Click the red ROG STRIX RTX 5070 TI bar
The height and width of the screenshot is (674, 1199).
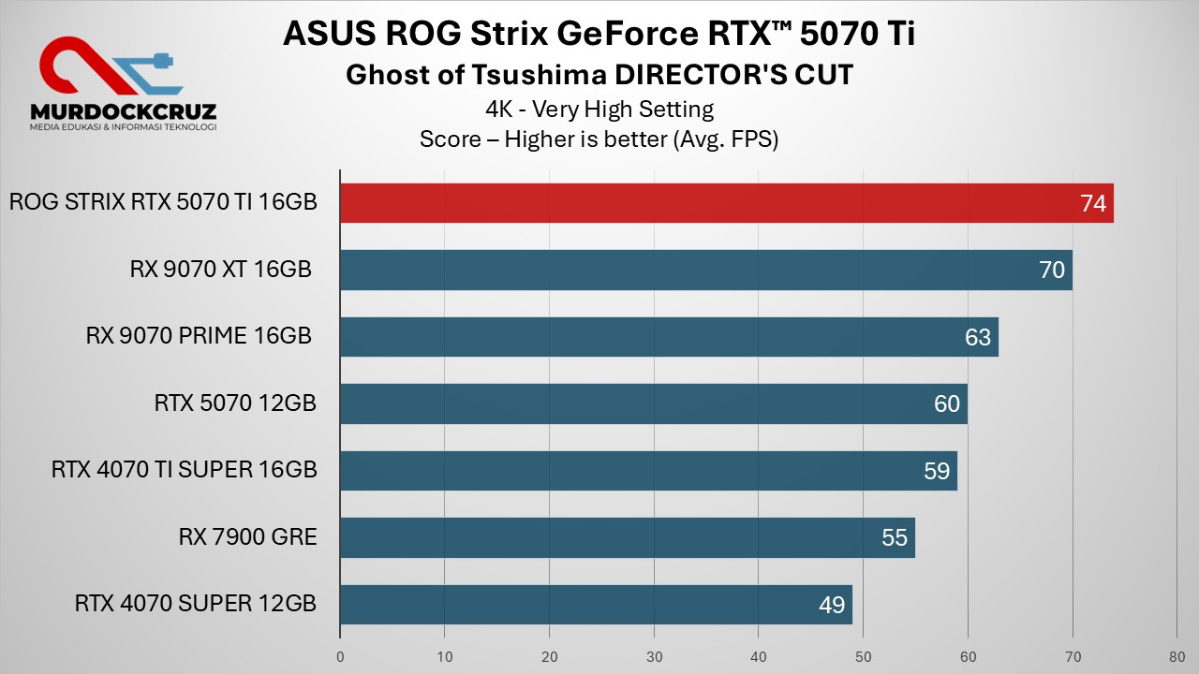click(x=726, y=203)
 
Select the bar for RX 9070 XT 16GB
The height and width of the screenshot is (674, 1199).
click(x=705, y=271)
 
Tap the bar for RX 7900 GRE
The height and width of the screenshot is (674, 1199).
click(x=627, y=537)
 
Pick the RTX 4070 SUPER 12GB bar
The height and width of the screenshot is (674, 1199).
click(x=596, y=605)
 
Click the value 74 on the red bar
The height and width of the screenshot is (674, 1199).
click(x=1093, y=203)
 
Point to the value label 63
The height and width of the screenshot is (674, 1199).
click(x=978, y=337)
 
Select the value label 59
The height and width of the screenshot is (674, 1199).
click(x=937, y=471)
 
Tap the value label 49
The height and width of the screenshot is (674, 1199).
click(x=832, y=605)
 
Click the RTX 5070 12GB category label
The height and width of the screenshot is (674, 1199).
click(x=235, y=403)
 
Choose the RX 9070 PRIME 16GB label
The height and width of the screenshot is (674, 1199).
click(x=199, y=336)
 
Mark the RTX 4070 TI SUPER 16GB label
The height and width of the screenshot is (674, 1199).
click(x=185, y=470)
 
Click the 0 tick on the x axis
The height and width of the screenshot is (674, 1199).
click(x=340, y=656)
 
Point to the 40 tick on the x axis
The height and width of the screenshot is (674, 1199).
click(x=759, y=656)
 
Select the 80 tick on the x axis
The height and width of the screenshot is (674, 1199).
click(x=1177, y=656)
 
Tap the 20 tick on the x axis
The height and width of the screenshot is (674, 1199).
click(x=550, y=656)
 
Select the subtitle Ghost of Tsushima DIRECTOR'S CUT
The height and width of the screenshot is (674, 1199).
click(x=599, y=75)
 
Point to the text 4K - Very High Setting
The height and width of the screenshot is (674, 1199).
click(x=599, y=109)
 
